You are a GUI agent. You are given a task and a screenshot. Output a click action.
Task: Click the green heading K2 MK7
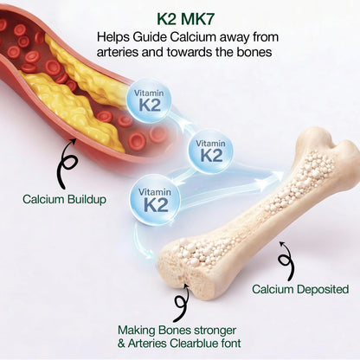(185, 19)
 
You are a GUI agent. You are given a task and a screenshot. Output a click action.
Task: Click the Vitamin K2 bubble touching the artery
(149, 101)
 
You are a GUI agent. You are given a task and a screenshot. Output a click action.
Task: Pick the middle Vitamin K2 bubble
(210, 151)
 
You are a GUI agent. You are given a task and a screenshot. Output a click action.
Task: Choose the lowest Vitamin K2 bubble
(155, 200)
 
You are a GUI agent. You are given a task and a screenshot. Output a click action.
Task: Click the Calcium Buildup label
(64, 199)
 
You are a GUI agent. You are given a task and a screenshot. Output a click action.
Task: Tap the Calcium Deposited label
(300, 289)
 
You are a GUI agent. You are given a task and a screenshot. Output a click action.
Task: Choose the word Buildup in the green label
(87, 199)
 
